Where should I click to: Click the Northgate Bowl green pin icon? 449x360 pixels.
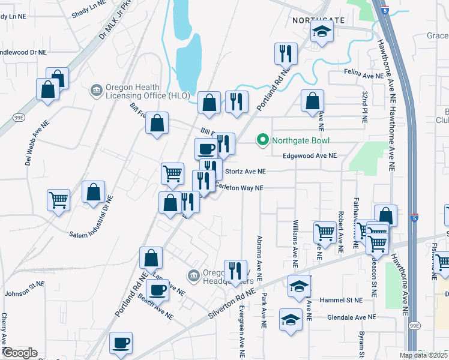262,141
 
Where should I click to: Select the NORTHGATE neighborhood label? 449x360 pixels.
319,20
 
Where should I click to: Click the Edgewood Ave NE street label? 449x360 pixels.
309,155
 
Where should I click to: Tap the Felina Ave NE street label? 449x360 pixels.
364,75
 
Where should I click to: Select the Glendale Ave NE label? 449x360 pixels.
351,317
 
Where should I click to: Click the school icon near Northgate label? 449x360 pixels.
322,34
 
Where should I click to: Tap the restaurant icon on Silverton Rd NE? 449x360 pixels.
235,271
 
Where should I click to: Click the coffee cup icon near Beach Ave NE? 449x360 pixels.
158,290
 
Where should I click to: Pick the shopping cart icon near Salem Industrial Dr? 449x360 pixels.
58,199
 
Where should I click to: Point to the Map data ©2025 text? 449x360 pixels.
423,355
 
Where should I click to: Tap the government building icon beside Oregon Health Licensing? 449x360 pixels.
96,91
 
